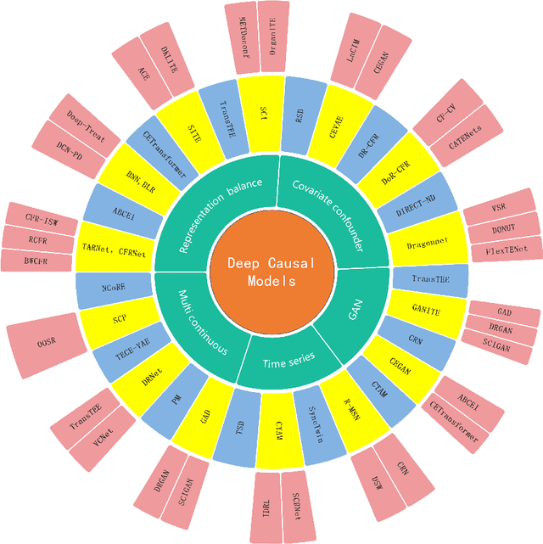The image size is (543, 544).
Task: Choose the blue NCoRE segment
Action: (x=113, y=288)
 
